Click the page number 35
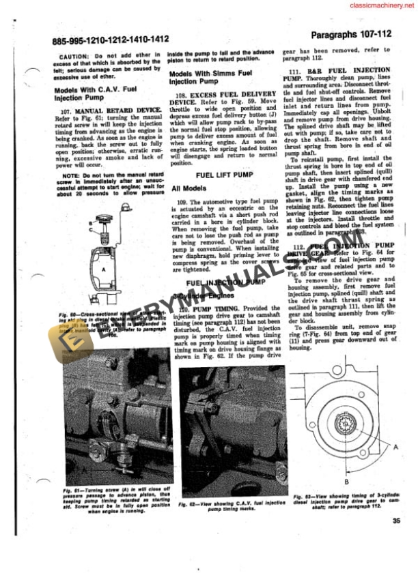397,522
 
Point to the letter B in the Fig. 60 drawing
90,221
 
